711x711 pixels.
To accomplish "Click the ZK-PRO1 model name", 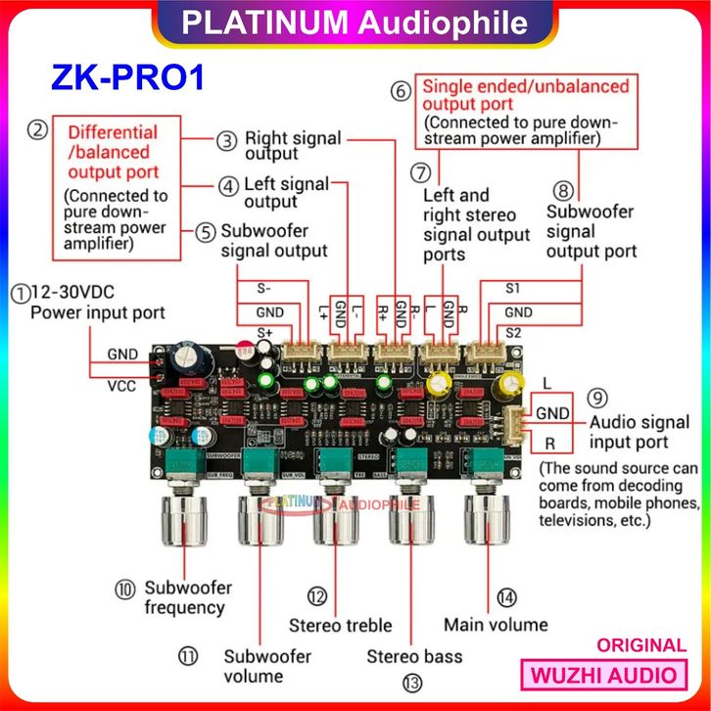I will tap(127, 77).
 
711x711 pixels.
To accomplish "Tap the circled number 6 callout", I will tap(400, 92).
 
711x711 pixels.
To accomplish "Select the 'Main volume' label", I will tap(496, 624).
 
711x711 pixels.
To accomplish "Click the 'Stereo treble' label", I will tap(340, 625).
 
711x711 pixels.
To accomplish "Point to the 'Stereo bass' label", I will tap(414, 654).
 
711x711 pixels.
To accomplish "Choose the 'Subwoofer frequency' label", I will tap(187, 597).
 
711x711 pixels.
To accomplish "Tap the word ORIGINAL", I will tap(640, 645).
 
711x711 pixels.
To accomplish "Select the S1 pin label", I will tap(513, 290).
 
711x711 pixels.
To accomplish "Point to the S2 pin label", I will tap(513, 333).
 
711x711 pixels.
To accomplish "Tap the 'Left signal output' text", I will tap(287, 192).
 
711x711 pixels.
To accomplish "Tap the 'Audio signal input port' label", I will tap(640, 433).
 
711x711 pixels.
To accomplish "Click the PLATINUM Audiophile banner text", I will tap(355, 24).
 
